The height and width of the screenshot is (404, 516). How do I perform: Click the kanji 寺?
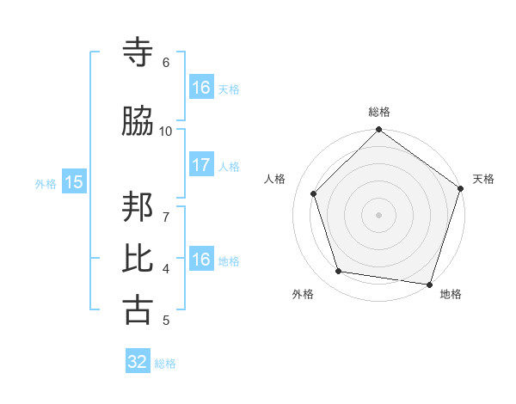tap(138, 53)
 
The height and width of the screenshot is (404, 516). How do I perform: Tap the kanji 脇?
tap(138, 122)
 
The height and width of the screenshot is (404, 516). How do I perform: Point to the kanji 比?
tap(138, 259)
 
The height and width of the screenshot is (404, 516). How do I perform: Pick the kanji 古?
tap(138, 310)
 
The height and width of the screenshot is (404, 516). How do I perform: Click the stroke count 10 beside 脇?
tap(166, 131)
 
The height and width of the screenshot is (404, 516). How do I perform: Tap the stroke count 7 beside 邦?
tap(166, 208)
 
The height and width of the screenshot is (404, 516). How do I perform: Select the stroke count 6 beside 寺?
tap(166, 63)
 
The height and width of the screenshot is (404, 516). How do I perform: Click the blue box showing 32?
tap(138, 362)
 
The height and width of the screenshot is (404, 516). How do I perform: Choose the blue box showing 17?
tap(200, 166)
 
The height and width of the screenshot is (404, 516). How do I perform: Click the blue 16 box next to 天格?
tap(200, 88)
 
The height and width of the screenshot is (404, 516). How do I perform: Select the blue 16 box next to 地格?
tap(200, 260)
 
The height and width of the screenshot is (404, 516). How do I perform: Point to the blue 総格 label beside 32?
tap(165, 364)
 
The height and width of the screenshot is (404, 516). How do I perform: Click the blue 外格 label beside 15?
tap(46, 183)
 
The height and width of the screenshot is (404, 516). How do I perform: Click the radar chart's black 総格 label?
tap(379, 112)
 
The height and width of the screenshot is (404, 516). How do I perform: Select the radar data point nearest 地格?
tap(430, 284)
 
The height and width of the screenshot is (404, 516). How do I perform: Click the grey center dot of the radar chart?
tap(378, 214)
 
